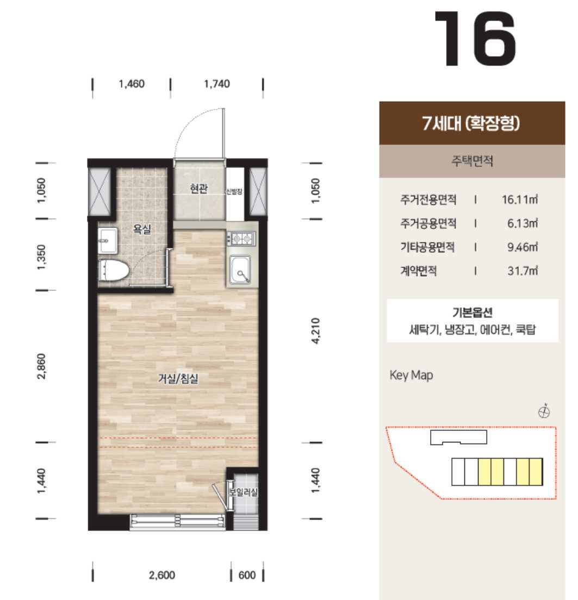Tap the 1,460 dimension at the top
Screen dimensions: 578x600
132,84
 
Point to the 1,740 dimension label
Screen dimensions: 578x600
216,84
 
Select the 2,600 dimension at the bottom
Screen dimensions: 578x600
162,575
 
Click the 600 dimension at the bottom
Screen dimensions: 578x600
247,575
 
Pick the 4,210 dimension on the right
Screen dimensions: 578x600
315,330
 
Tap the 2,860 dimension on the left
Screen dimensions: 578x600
41,366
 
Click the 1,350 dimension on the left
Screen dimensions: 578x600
41,257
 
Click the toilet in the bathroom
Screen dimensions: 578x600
114,271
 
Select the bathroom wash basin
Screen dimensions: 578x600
108,241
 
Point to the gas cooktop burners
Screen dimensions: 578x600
241,239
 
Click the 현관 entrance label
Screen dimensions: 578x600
199,189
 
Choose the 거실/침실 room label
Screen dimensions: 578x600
178,379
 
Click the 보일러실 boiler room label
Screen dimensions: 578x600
244,492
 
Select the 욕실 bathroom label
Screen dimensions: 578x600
142,229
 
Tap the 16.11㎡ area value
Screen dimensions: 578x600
520,199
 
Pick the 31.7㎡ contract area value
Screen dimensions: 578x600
523,271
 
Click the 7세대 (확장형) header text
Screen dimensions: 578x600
471,123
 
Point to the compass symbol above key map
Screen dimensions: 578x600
544,412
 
